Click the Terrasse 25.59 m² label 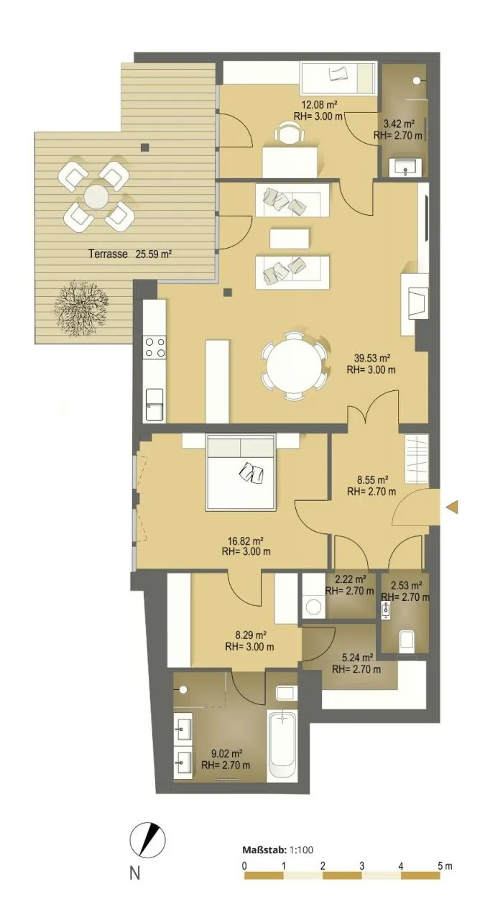click(x=130, y=254)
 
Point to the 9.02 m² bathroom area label click(x=226, y=753)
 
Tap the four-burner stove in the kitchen click(x=154, y=347)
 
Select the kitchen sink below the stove click(x=154, y=405)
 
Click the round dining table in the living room click(x=294, y=366)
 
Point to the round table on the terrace click(x=97, y=196)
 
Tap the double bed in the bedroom click(x=241, y=472)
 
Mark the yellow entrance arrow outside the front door click(x=452, y=507)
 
